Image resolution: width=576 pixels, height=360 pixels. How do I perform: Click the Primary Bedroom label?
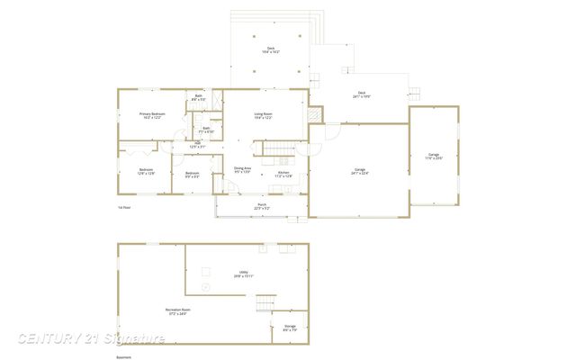coord(151,116)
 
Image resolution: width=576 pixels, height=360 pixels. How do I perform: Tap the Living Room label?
coord(264,116)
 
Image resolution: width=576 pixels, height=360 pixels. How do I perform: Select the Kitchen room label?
coord(283,174)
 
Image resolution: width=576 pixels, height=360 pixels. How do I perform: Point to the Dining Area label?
coord(242,170)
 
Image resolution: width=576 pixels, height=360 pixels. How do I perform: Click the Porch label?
coord(262,206)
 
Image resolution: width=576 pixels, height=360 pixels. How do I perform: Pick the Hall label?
coord(197,145)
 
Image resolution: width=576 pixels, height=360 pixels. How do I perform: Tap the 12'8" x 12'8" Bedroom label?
coord(146,172)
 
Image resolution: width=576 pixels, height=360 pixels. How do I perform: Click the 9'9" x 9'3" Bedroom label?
coord(193,175)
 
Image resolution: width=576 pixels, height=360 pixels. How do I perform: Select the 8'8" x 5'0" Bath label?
coord(199,97)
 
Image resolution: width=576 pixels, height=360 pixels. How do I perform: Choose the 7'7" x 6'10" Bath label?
coord(206,130)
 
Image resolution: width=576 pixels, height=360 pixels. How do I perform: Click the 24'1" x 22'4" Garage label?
coord(359,172)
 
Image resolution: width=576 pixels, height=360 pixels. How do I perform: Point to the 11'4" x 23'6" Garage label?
coord(434,156)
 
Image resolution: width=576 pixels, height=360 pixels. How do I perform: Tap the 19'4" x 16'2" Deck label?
coord(270,50)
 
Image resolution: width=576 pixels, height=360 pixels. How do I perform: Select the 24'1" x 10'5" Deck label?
coord(362,94)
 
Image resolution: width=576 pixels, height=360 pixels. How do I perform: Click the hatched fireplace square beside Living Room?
coord(314,115)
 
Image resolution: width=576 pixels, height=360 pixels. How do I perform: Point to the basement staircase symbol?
coord(264,303)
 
